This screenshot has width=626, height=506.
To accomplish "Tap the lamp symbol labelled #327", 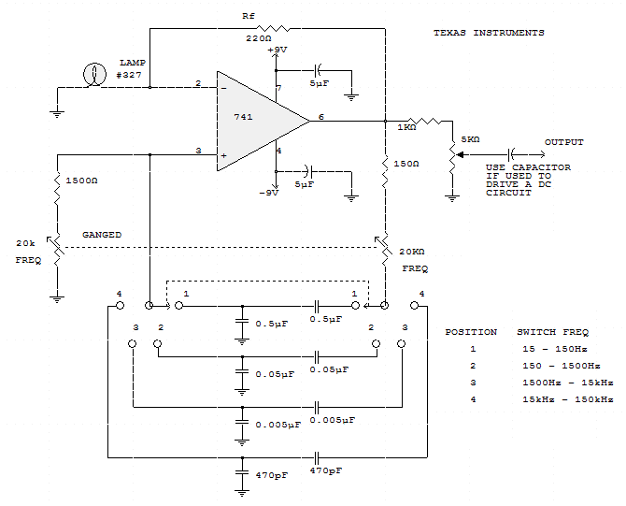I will pyautogui.click(x=95, y=74).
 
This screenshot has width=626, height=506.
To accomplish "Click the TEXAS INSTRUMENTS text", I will pyautogui.click(x=488, y=33).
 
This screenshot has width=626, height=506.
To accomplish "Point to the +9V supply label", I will pyautogui.click(x=277, y=50).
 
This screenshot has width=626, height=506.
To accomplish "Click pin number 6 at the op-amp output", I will pyautogui.click(x=321, y=117).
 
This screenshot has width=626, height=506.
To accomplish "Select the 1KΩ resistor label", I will pyautogui.click(x=406, y=126).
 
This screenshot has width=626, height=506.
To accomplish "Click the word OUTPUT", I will pyautogui.click(x=563, y=142).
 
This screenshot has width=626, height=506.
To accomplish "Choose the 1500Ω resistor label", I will pyautogui.click(x=81, y=181).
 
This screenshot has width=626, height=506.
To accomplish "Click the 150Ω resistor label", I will pyautogui.click(x=405, y=164).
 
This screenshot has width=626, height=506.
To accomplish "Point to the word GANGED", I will pyautogui.click(x=102, y=234).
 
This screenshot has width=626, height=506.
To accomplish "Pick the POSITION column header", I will pyautogui.click(x=471, y=332).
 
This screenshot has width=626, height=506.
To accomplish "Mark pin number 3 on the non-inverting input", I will pyautogui.click(x=198, y=150).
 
